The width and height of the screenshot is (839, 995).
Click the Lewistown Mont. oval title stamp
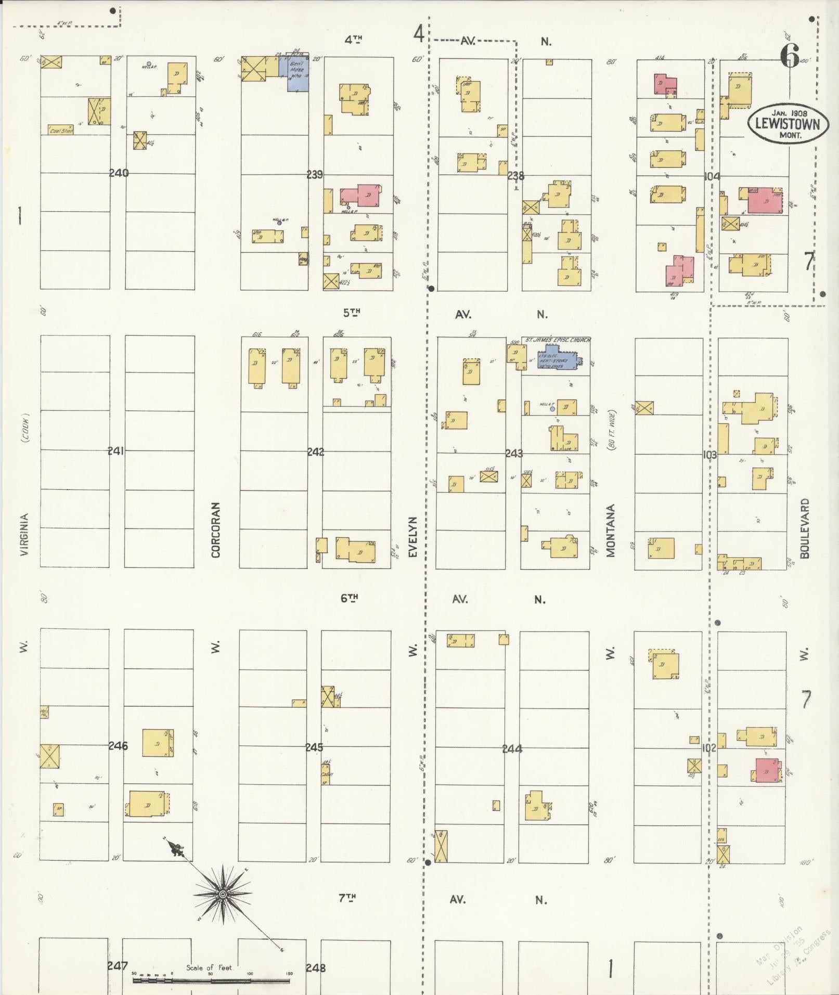[788, 123]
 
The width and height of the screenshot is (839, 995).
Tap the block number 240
[119, 173]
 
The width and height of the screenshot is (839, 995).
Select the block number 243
[514, 454]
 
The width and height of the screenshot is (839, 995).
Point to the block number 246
[118, 746]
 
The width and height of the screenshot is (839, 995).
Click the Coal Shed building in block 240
[61, 130]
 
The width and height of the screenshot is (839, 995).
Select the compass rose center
[223, 895]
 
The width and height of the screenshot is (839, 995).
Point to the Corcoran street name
[216, 529]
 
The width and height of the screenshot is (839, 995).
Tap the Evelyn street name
[414, 536]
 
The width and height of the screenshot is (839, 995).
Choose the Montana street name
[611, 530]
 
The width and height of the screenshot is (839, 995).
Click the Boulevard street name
[805, 528]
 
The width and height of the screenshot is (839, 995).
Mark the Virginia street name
[24, 535]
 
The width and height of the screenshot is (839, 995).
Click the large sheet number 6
[789, 55]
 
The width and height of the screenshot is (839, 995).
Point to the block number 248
[316, 968]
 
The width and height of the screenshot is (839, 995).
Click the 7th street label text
[347, 898]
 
